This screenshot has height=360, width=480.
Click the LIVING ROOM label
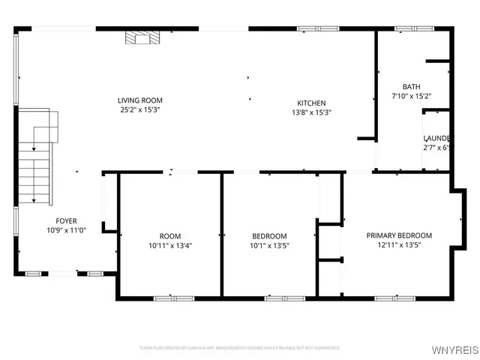139,100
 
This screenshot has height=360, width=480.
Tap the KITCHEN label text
311,103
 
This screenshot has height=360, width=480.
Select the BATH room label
411,86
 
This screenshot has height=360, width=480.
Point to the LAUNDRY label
436,138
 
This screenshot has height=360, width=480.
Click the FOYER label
66,220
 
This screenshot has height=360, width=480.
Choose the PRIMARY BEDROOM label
399,235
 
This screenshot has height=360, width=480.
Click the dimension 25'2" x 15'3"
139,109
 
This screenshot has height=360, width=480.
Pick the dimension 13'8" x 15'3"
311,112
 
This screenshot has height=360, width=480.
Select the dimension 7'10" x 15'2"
411,96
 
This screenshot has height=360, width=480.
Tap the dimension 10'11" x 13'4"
170,245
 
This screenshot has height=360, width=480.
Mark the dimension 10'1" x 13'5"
268,245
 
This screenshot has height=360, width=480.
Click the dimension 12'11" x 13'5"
399,244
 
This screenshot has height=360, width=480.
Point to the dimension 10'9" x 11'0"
66,230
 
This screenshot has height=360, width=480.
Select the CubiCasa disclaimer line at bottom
240,348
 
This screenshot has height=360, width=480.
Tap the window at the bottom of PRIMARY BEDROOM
394,298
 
